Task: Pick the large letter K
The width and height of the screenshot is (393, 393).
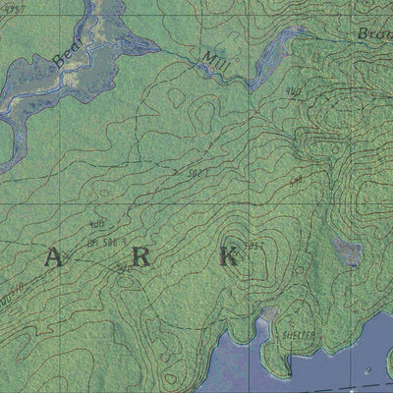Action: pyautogui.click(x=229, y=257)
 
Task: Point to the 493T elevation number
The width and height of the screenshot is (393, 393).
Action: pyautogui.click(x=14, y=7)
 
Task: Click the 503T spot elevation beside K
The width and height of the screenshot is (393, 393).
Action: pyautogui.click(x=254, y=244)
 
